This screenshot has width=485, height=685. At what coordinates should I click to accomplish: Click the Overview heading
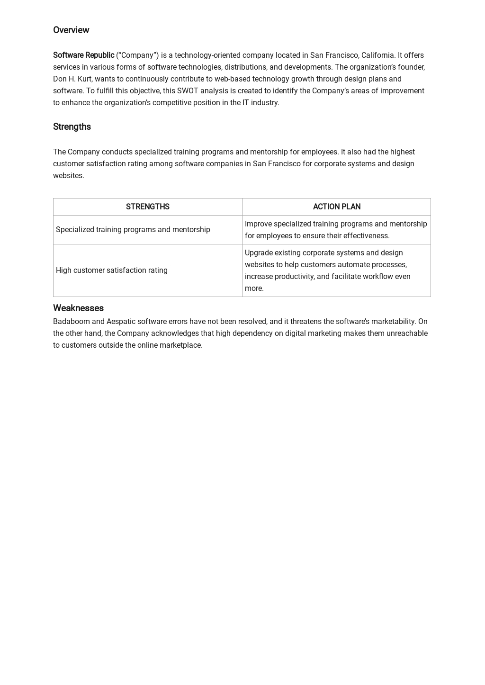click(x=71, y=30)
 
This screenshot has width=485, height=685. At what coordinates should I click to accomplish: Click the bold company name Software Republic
click(x=83, y=55)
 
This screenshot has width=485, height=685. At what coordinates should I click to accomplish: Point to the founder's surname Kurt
click(x=84, y=79)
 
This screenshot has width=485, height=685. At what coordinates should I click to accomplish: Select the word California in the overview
click(x=378, y=55)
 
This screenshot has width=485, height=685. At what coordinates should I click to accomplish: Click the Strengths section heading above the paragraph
click(x=72, y=127)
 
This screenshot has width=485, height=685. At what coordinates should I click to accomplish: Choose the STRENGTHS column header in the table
click(x=147, y=207)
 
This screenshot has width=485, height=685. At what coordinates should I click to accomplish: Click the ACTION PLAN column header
click(x=336, y=207)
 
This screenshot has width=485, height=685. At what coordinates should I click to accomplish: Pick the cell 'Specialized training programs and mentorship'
click(x=133, y=230)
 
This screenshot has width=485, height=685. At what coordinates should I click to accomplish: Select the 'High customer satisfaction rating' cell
click(x=112, y=270)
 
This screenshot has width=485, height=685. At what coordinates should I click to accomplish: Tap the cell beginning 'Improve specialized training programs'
click(x=336, y=230)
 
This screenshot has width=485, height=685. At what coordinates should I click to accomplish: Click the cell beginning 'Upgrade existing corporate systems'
click(x=327, y=270)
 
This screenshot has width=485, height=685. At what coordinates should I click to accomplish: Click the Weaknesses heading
click(x=78, y=308)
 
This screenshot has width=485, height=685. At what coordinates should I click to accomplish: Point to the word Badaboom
click(x=72, y=322)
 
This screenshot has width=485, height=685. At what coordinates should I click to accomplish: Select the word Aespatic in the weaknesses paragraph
click(x=121, y=322)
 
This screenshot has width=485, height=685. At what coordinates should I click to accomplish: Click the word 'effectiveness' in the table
click(x=366, y=236)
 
